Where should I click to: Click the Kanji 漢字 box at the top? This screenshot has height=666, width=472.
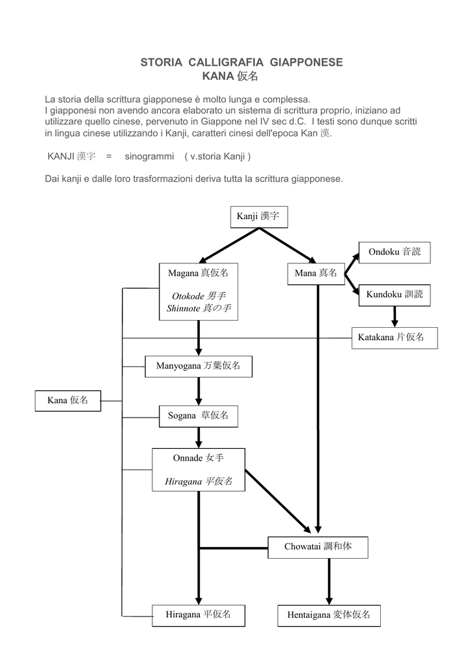click(x=259, y=217)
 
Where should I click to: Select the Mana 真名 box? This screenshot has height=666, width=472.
click(x=316, y=274)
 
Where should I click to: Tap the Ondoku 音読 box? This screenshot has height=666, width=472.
click(x=395, y=252)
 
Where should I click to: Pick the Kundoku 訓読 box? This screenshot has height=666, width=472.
click(x=395, y=295)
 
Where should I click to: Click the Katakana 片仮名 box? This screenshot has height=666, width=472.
click(x=395, y=338)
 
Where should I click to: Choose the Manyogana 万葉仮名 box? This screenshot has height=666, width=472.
click(x=199, y=367)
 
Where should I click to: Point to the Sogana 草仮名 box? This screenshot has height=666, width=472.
click(x=199, y=416)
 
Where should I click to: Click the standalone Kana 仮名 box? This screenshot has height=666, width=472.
click(x=68, y=401)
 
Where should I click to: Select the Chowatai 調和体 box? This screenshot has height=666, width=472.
click(x=318, y=548)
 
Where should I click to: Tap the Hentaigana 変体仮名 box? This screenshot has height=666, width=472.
click(x=329, y=615)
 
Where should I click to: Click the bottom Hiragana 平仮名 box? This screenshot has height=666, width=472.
click(x=199, y=615)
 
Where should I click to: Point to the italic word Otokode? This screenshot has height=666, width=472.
click(x=188, y=296)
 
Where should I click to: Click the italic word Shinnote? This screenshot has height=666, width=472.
click(x=184, y=308)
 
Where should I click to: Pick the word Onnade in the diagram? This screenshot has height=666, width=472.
click(x=187, y=458)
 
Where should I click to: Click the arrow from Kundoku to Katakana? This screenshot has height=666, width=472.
click(x=395, y=317)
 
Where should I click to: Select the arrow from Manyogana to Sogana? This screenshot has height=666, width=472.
click(x=199, y=391)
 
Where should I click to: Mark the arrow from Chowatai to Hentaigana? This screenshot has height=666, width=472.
click(x=329, y=581)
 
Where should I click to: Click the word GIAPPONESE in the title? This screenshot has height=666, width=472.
click(x=306, y=62)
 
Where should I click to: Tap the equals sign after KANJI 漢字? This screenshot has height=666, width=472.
click(x=109, y=156)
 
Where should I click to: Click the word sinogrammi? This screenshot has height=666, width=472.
click(x=149, y=156)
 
